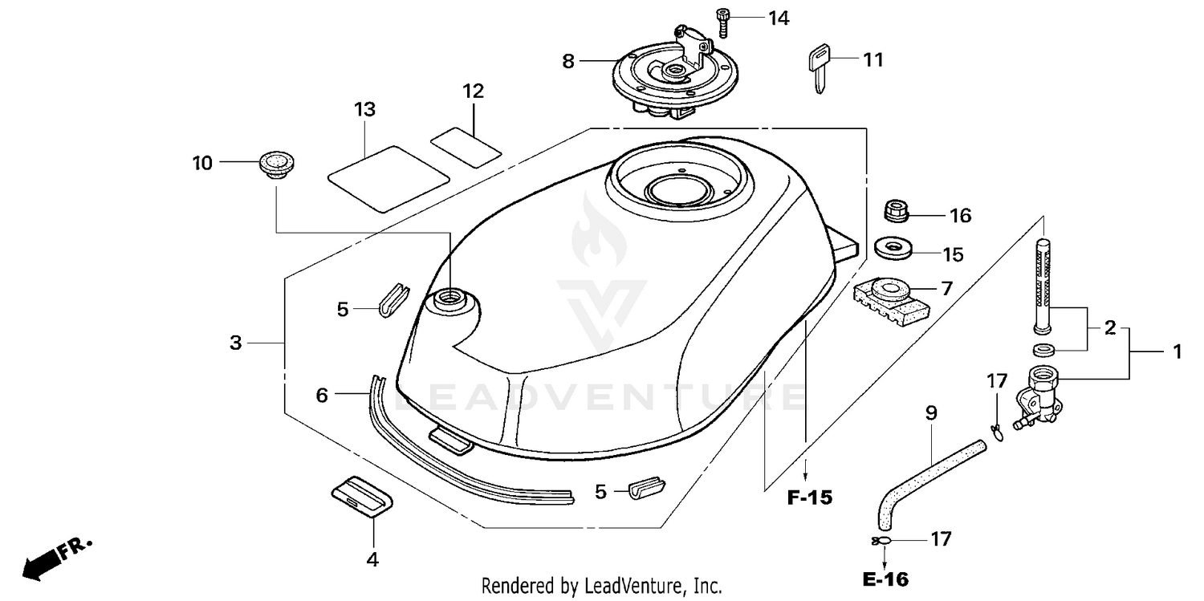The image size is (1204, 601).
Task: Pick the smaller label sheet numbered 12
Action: pos(466,146)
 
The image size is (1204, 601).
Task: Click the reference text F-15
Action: pos(809,498)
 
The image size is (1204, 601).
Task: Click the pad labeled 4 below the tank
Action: pos(363,496)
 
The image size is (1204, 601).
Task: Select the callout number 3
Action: pos(235,343)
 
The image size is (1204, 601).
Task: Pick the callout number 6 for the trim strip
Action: pos(322,395)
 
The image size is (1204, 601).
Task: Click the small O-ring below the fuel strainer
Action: pos(1043,349)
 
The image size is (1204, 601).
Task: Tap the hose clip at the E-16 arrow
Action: pos(878,541)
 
